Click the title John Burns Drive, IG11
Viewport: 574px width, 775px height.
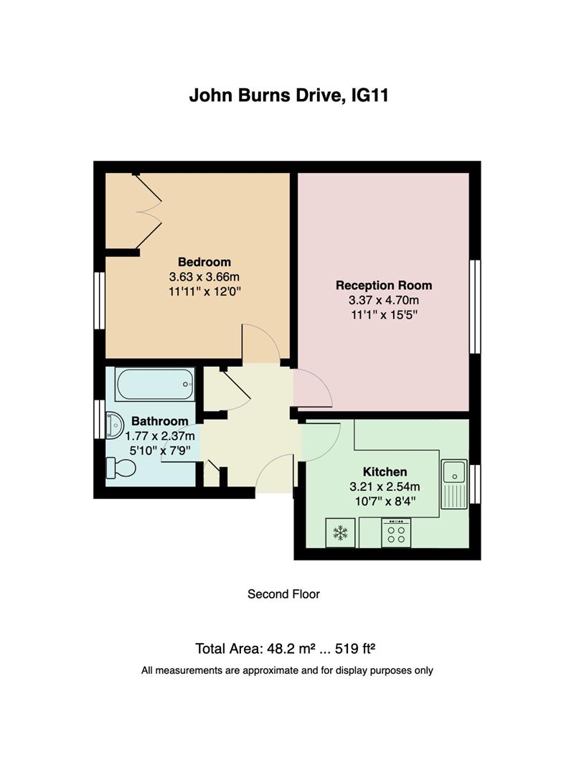pos(288,95)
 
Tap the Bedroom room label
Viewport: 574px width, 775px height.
pos(204,262)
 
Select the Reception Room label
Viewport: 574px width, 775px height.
pos(384,285)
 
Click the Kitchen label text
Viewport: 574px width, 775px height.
pos(385,471)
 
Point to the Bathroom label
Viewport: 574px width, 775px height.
pos(159,421)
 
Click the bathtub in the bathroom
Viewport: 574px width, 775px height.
pos(155,385)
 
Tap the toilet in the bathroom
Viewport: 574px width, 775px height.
pos(121,468)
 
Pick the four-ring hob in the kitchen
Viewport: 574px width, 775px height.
pos(396,533)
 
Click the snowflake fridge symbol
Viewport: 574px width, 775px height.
pos(339,533)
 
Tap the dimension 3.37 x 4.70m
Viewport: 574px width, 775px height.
pos(384,299)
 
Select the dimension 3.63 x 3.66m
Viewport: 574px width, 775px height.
pos(204,276)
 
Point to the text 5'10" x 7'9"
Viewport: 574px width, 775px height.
pos(159,450)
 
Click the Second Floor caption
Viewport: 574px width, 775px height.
pos(283,594)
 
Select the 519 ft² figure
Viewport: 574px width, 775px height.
pos(361,649)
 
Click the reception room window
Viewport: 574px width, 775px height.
pos(475,306)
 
